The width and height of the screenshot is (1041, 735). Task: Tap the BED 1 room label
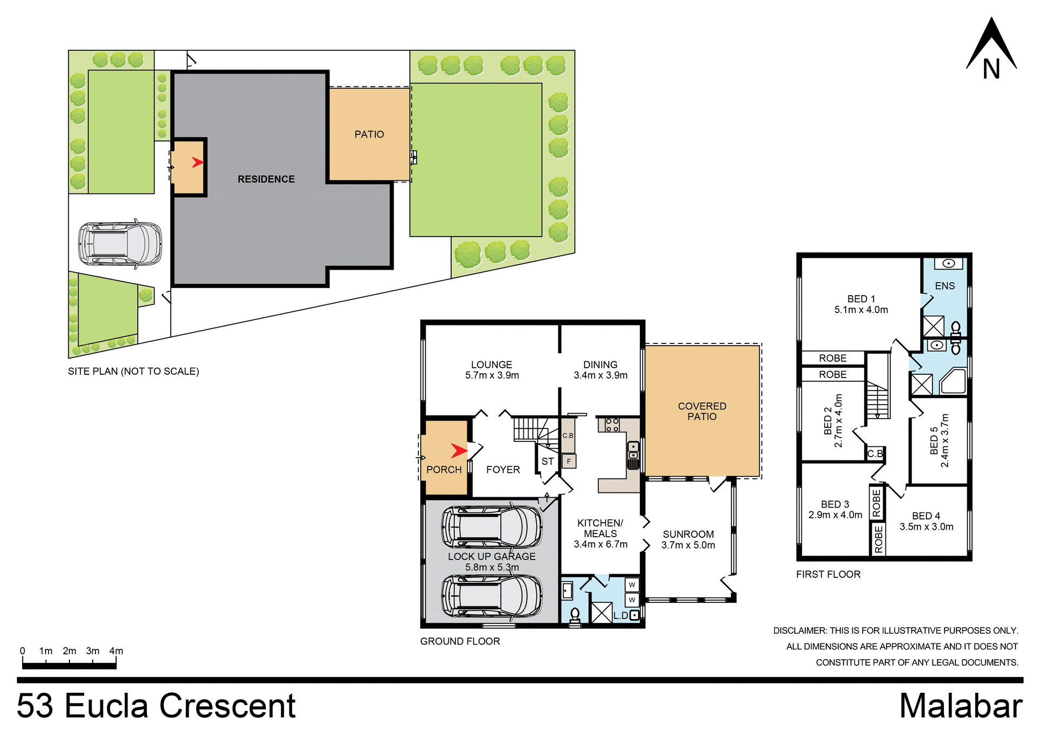[861, 299]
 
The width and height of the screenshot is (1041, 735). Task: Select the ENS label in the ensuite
[944, 286]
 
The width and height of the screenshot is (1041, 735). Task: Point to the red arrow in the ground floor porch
[459, 450]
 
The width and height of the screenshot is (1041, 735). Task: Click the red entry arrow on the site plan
[198, 162]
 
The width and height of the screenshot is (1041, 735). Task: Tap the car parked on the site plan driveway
[120, 243]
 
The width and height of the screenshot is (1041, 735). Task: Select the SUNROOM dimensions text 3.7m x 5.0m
[688, 545]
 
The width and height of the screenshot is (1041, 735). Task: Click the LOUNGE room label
[491, 365]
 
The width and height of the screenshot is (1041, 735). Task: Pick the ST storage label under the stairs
[548, 461]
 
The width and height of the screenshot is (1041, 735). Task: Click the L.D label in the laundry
[621, 616]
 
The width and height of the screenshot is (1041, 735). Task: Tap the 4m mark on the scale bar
[116, 651]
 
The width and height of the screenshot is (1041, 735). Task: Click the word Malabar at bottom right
[960, 706]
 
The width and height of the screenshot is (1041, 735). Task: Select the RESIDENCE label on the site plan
[266, 179]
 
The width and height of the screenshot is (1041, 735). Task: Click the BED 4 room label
[926, 516]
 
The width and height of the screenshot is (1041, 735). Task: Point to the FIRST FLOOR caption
[828, 574]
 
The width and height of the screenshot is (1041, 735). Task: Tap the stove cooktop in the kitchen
[612, 425]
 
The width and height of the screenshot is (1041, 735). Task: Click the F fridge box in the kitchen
[569, 461]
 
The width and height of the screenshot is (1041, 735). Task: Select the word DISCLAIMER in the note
[799, 630]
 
